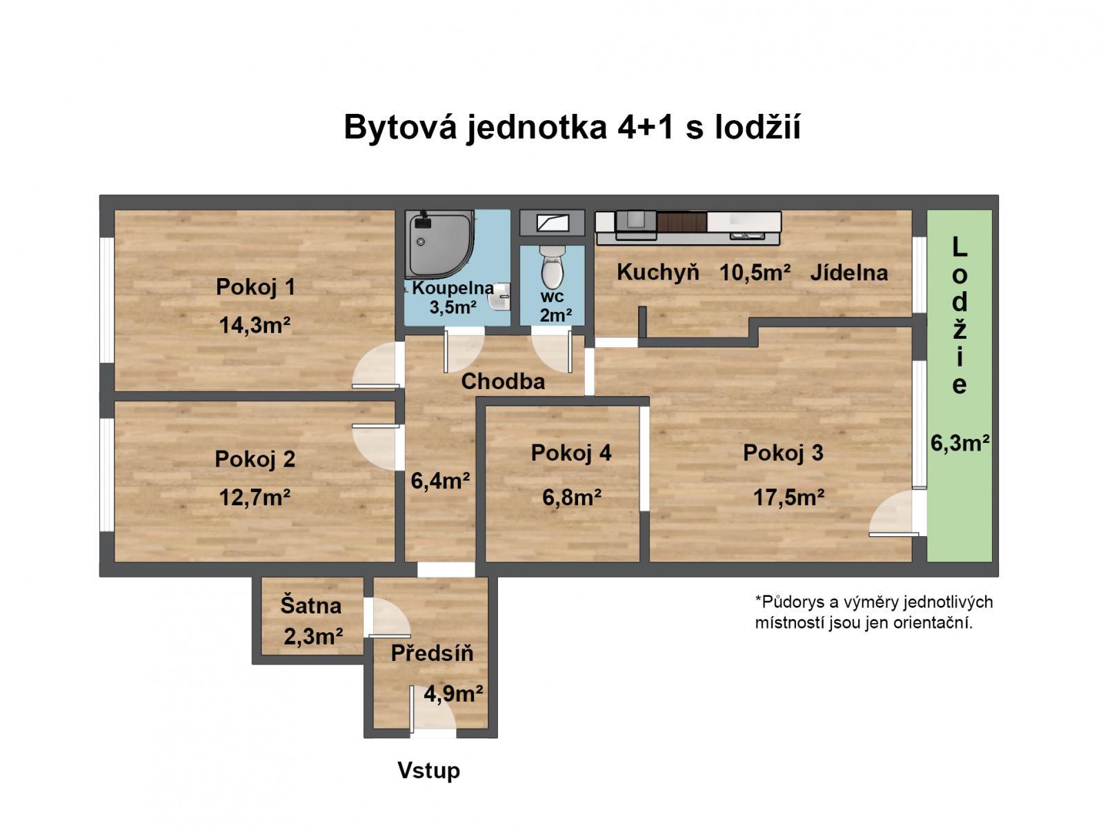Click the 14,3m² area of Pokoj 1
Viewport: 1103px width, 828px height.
point(255,324)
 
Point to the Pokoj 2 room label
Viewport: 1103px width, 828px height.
point(255,459)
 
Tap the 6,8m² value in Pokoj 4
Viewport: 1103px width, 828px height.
point(571,497)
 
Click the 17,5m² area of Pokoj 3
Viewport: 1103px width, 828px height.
point(788,497)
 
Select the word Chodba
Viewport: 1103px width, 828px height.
point(503,382)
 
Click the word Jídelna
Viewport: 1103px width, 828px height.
point(848,273)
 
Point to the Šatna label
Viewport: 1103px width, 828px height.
point(310,606)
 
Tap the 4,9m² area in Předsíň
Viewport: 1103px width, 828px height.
point(453,693)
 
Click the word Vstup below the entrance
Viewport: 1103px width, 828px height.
point(428,771)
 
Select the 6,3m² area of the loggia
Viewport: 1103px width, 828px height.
point(960,443)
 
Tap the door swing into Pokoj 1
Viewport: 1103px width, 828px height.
point(376,366)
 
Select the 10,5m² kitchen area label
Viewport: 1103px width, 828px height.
point(755,273)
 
